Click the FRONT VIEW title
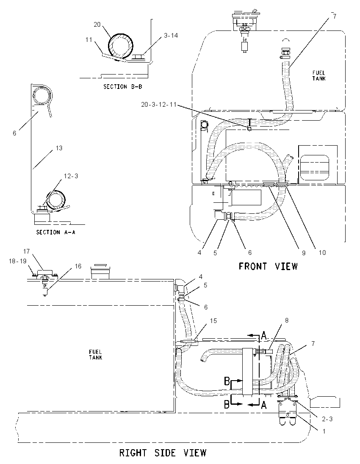coord(268,266)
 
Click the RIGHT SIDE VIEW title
coord(163,453)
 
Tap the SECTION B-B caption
coord(122,87)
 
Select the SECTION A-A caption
coord(55,232)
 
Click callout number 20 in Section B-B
coord(97,25)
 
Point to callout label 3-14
coord(171,36)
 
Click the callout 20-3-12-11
coord(159,105)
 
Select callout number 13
coord(59,148)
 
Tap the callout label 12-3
coord(71,176)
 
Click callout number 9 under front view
coord(304,253)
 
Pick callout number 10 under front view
coord(322,252)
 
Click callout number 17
coord(27,251)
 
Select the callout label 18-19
coord(18,261)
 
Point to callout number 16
coord(78,266)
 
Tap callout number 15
coord(213,321)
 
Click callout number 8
coord(286,320)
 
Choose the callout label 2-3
coord(327,419)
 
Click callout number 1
coord(324,431)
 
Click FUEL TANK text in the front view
coord(319,75)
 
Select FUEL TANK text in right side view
coord(95,354)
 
